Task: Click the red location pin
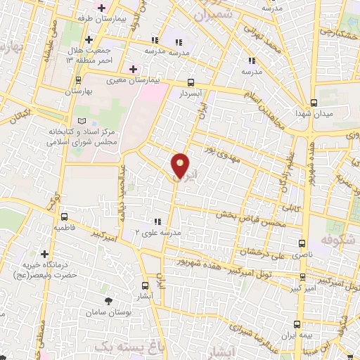(x=181, y=166)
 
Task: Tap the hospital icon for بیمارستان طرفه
(x=103, y=7)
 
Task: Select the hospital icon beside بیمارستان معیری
(x=131, y=69)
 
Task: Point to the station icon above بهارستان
(x=78, y=80)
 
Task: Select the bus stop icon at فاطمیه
(x=65, y=217)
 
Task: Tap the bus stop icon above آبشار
(x=146, y=285)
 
